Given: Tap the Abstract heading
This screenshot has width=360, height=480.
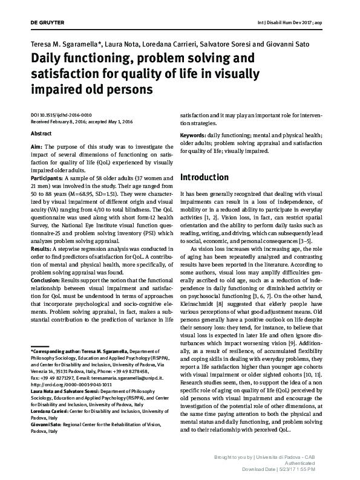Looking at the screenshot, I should [x=41, y=133].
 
